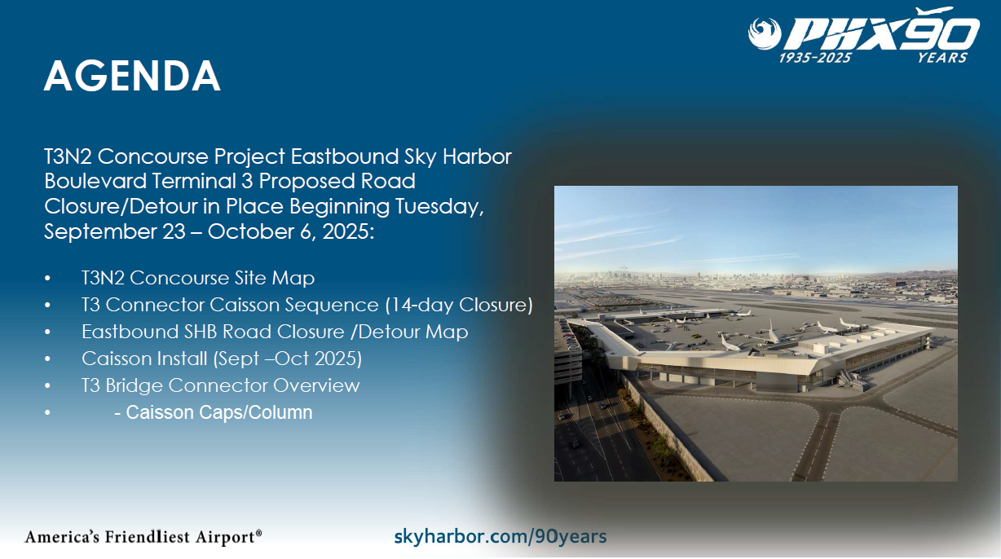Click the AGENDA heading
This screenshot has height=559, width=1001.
tap(132, 76)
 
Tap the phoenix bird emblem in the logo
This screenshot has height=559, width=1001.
tap(765, 33)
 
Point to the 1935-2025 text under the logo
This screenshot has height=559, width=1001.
tap(815, 58)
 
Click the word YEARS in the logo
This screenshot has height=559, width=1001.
tap(942, 58)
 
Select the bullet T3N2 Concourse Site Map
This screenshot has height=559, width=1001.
tap(198, 278)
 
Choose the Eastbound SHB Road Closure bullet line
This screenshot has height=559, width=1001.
tap(275, 332)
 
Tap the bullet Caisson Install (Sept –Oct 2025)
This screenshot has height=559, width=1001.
tap(222, 359)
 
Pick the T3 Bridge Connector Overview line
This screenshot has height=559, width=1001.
tap(220, 385)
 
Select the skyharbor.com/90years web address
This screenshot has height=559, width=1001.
tap(500, 536)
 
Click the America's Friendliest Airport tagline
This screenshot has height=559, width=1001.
tap(143, 537)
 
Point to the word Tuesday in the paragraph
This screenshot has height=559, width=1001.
tap(439, 207)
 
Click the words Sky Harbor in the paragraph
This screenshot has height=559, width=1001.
tap(457, 157)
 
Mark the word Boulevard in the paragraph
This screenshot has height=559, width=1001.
tap(95, 181)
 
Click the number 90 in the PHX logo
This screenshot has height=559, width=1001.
tap(941, 31)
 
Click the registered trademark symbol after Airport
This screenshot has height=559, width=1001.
tap(258, 533)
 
